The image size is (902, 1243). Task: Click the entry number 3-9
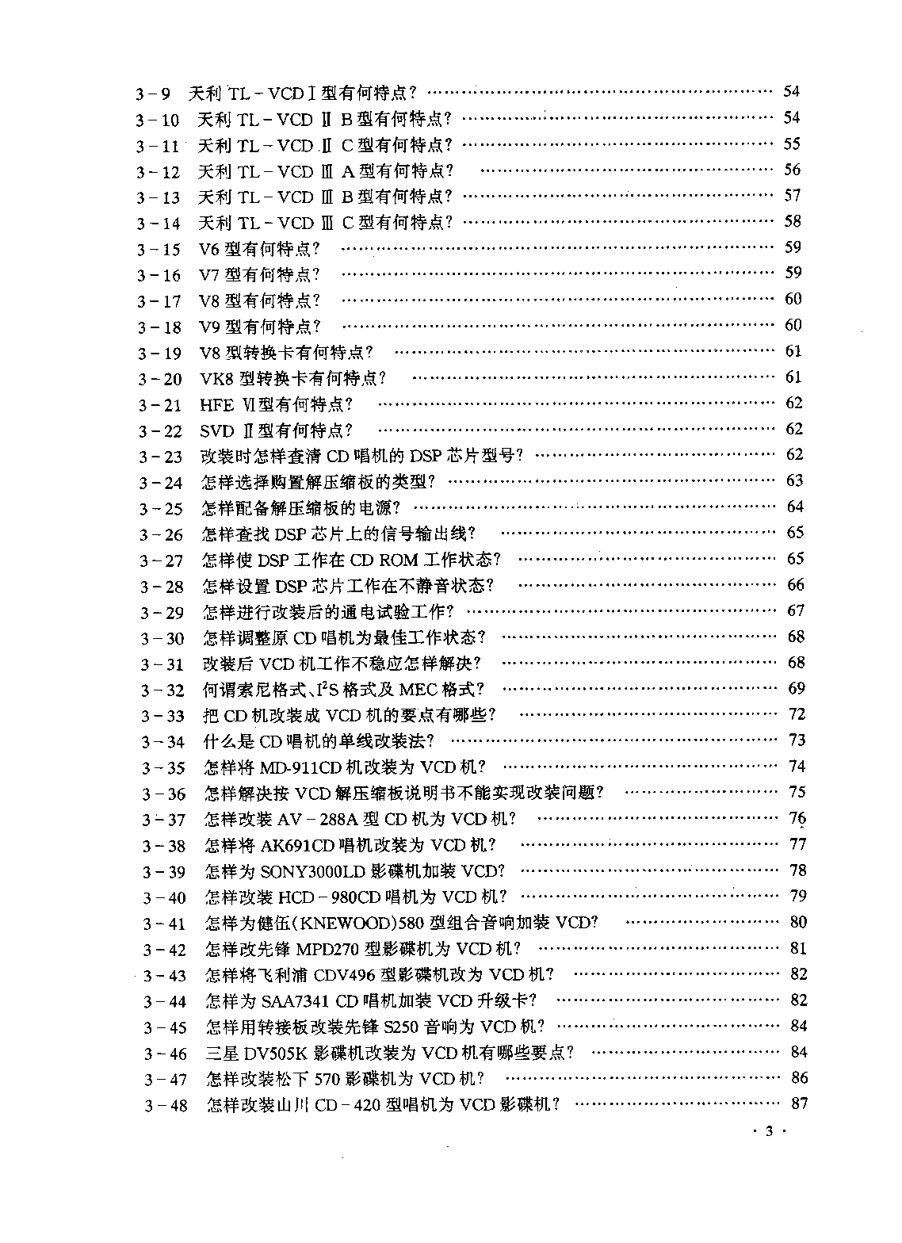coord(153,94)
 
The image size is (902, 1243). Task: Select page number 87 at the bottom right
coord(799,1103)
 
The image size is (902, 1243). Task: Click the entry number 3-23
coord(160,457)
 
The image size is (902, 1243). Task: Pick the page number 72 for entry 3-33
coord(797,714)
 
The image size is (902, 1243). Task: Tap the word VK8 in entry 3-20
coord(215,379)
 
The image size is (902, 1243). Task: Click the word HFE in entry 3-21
coord(216,405)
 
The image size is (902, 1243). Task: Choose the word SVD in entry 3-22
coord(216,431)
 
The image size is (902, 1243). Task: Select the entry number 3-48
coord(166,1105)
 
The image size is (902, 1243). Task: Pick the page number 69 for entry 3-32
coord(796,688)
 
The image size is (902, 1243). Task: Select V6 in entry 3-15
coord(208,250)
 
